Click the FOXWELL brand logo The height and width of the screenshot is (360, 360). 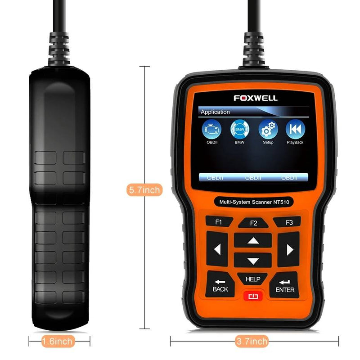255,98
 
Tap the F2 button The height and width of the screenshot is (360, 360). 253,223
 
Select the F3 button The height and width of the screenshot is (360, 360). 289,222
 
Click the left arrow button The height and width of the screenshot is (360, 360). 217,249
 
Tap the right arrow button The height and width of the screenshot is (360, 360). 289,249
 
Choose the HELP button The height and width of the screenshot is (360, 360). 253,279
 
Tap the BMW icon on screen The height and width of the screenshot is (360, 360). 240,130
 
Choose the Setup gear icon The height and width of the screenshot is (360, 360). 268,130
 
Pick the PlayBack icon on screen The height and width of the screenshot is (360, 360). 295,130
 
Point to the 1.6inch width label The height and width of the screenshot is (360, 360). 57,342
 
